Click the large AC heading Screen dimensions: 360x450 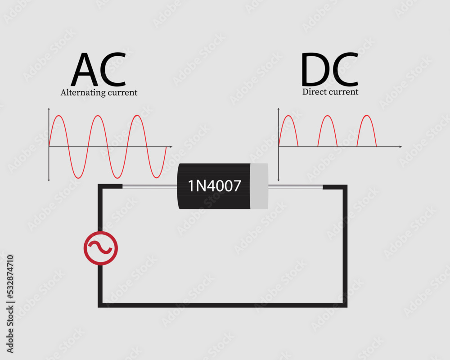point(98,70)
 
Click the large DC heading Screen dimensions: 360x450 point(329,70)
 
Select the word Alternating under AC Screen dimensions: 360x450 point(82,93)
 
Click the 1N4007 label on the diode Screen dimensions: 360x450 point(214,185)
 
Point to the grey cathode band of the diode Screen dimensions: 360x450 point(259,186)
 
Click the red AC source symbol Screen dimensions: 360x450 point(101,248)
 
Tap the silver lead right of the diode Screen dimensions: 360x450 point(295,186)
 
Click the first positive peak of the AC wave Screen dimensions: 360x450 point(58,116)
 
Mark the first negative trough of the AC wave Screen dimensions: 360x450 point(78,177)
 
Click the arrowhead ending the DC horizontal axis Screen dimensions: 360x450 point(400,147)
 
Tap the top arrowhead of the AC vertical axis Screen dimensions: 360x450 point(49,110)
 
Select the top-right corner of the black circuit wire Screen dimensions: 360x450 point(345,187)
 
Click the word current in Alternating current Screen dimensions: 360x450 point(121,93)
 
